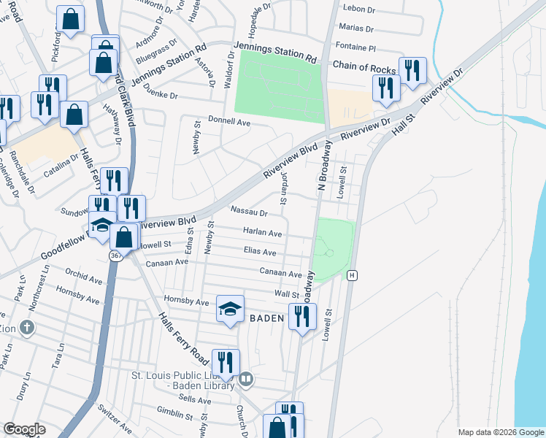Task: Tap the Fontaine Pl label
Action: (361, 47)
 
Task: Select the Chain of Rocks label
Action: (364, 66)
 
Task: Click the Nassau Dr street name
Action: (249, 213)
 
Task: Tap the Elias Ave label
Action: (259, 252)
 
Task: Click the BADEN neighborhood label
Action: (266, 318)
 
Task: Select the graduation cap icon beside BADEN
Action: (230, 309)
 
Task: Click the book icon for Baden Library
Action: (246, 379)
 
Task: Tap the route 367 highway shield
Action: (116, 256)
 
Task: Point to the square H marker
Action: (353, 275)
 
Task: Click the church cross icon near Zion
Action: (27, 327)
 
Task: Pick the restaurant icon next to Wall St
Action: (300, 316)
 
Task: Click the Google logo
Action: (24, 429)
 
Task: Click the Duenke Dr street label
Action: (161, 95)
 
